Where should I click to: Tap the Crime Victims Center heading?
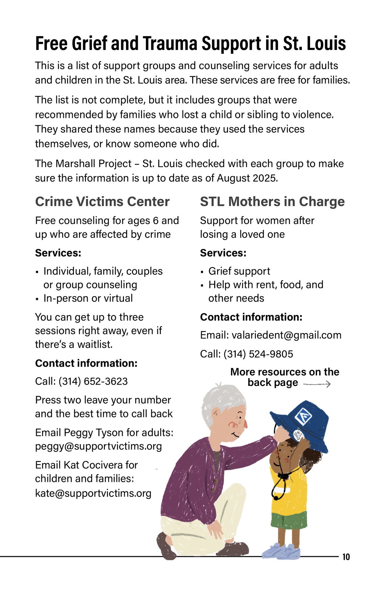click(x=102, y=202)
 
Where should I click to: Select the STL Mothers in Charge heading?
click(x=272, y=202)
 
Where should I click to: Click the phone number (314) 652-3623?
click(x=93, y=381)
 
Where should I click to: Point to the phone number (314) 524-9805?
click(x=258, y=354)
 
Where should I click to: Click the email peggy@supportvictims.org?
click(x=98, y=446)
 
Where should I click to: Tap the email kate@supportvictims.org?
click(x=93, y=493)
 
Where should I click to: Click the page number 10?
click(x=346, y=557)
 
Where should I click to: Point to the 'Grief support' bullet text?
click(x=239, y=271)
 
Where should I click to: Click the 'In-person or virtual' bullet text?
click(x=88, y=298)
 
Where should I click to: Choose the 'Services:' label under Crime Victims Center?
click(x=58, y=253)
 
